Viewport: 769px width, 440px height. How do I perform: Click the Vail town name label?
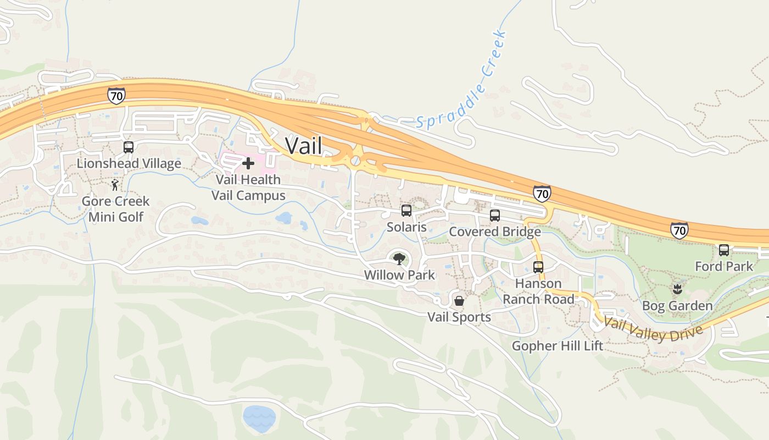pyautogui.click(x=303, y=146)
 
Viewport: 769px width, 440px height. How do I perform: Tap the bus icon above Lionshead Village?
pyautogui.click(x=129, y=147)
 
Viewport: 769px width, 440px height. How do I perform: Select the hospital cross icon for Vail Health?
pyautogui.click(x=248, y=163)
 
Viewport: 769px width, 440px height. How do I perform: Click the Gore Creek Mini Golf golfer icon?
pyautogui.click(x=115, y=185)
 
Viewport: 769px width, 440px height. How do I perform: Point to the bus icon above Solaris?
pyautogui.click(x=406, y=210)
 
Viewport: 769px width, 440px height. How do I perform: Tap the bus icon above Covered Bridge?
pyautogui.click(x=495, y=216)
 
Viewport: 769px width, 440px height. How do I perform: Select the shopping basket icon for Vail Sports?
pyautogui.click(x=459, y=301)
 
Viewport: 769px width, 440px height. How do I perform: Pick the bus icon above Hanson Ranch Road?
pyautogui.click(x=538, y=267)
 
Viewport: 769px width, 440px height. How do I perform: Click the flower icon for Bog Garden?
pyautogui.click(x=677, y=289)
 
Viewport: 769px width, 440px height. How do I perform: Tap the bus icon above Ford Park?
pyautogui.click(x=724, y=250)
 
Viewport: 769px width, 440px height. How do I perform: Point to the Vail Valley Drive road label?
pyautogui.click(x=653, y=329)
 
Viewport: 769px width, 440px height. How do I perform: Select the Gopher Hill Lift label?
pyautogui.click(x=558, y=346)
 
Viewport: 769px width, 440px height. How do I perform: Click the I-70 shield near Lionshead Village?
pyautogui.click(x=116, y=95)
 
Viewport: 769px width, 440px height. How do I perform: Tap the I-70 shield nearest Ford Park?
pyautogui.click(x=679, y=230)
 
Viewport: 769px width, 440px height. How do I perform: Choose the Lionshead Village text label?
pyautogui.click(x=129, y=163)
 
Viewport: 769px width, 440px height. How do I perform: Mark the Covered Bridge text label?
pyautogui.click(x=495, y=232)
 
